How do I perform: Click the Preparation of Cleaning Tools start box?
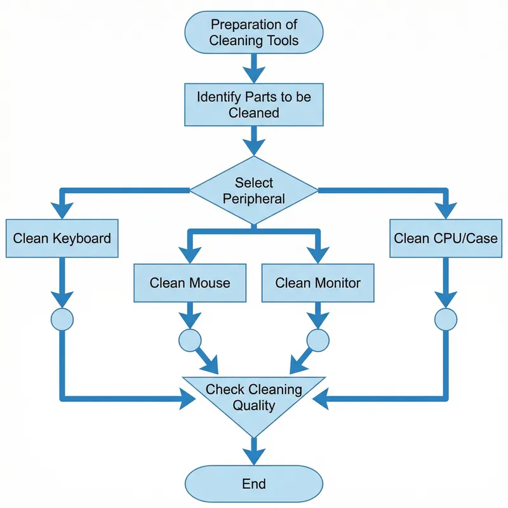coord(254,34)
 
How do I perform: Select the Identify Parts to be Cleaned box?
coord(254,105)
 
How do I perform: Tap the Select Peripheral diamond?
coord(254,190)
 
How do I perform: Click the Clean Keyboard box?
coord(62,239)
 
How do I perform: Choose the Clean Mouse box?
coord(190,282)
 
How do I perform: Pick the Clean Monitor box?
coord(318,282)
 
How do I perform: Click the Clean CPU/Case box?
coord(446,239)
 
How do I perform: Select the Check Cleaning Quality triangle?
coord(254,400)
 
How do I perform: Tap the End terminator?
coord(254,484)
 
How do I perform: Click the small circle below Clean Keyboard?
coord(62,318)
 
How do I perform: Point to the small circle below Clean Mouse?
coord(190,340)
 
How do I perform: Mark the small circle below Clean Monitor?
coord(318,340)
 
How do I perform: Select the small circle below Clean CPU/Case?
coord(446,318)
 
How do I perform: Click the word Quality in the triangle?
coord(254,405)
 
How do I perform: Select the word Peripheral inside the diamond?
coord(254,199)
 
